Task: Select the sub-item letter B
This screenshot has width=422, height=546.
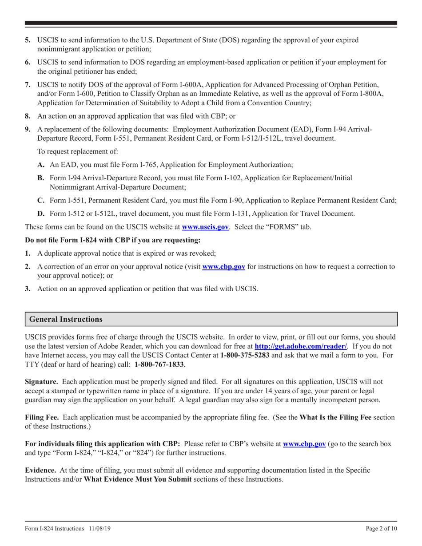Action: pos(40,178)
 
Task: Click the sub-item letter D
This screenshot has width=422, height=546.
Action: pos(40,214)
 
